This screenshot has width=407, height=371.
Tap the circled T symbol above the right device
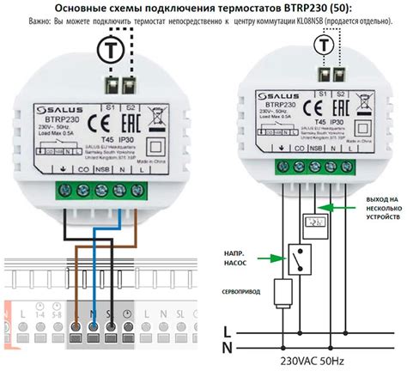pos(325,45)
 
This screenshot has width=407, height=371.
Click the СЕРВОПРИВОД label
pos(241,290)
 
